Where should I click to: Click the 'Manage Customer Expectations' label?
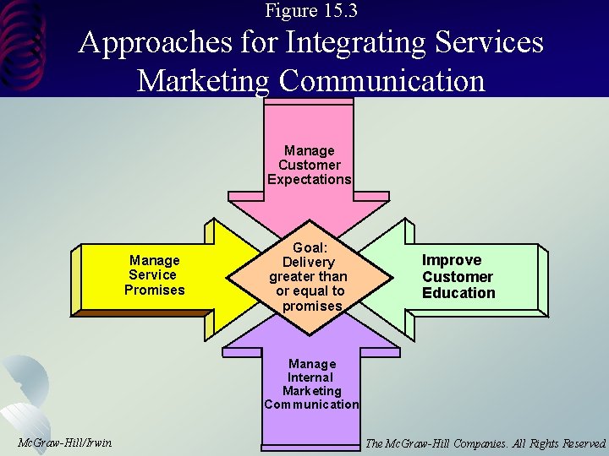coord(309,165)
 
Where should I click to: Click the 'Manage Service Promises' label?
coord(154,275)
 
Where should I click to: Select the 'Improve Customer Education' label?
coord(458,276)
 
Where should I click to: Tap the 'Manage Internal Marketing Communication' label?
coord(310,384)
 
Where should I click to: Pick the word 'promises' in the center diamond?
coord(312,306)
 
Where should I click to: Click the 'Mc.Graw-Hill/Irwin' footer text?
coord(64,442)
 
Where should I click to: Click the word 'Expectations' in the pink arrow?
coord(309,179)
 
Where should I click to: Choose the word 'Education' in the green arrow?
coord(459,293)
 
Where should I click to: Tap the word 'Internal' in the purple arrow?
coord(310,377)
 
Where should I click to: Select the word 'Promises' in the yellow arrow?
coord(154,290)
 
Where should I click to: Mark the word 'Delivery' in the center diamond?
coord(310,261)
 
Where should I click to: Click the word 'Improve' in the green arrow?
coord(452,260)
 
